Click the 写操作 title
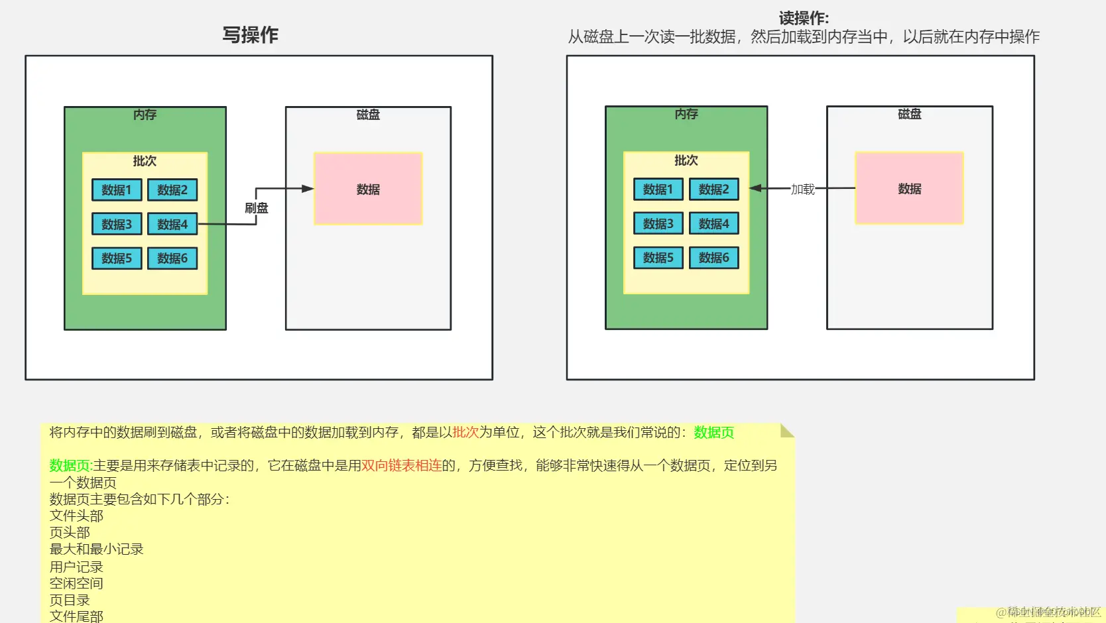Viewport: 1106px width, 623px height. click(x=250, y=35)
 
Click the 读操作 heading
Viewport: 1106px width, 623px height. click(x=804, y=18)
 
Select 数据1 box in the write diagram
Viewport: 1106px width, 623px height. click(x=117, y=190)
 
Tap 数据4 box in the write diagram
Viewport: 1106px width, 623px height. click(x=172, y=225)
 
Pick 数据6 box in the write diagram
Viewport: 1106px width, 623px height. click(x=172, y=258)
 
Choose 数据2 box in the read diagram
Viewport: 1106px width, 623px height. click(x=713, y=190)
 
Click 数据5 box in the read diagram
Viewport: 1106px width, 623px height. click(x=658, y=258)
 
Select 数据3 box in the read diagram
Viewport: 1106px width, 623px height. click(x=658, y=224)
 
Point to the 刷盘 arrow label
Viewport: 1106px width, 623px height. click(x=257, y=208)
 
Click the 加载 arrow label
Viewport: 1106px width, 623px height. click(x=802, y=190)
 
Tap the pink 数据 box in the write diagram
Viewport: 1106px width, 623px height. click(x=368, y=189)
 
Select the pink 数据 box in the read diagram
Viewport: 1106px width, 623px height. click(x=909, y=188)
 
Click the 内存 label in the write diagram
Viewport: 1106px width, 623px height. click(x=145, y=115)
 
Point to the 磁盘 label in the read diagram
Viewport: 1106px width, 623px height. click(x=909, y=114)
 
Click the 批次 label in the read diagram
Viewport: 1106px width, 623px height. click(x=686, y=160)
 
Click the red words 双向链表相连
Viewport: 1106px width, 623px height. click(x=401, y=465)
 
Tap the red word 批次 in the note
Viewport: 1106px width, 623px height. click(x=465, y=432)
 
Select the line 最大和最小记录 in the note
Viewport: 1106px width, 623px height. click(x=96, y=549)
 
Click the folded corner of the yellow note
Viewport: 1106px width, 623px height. click(x=787, y=431)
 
